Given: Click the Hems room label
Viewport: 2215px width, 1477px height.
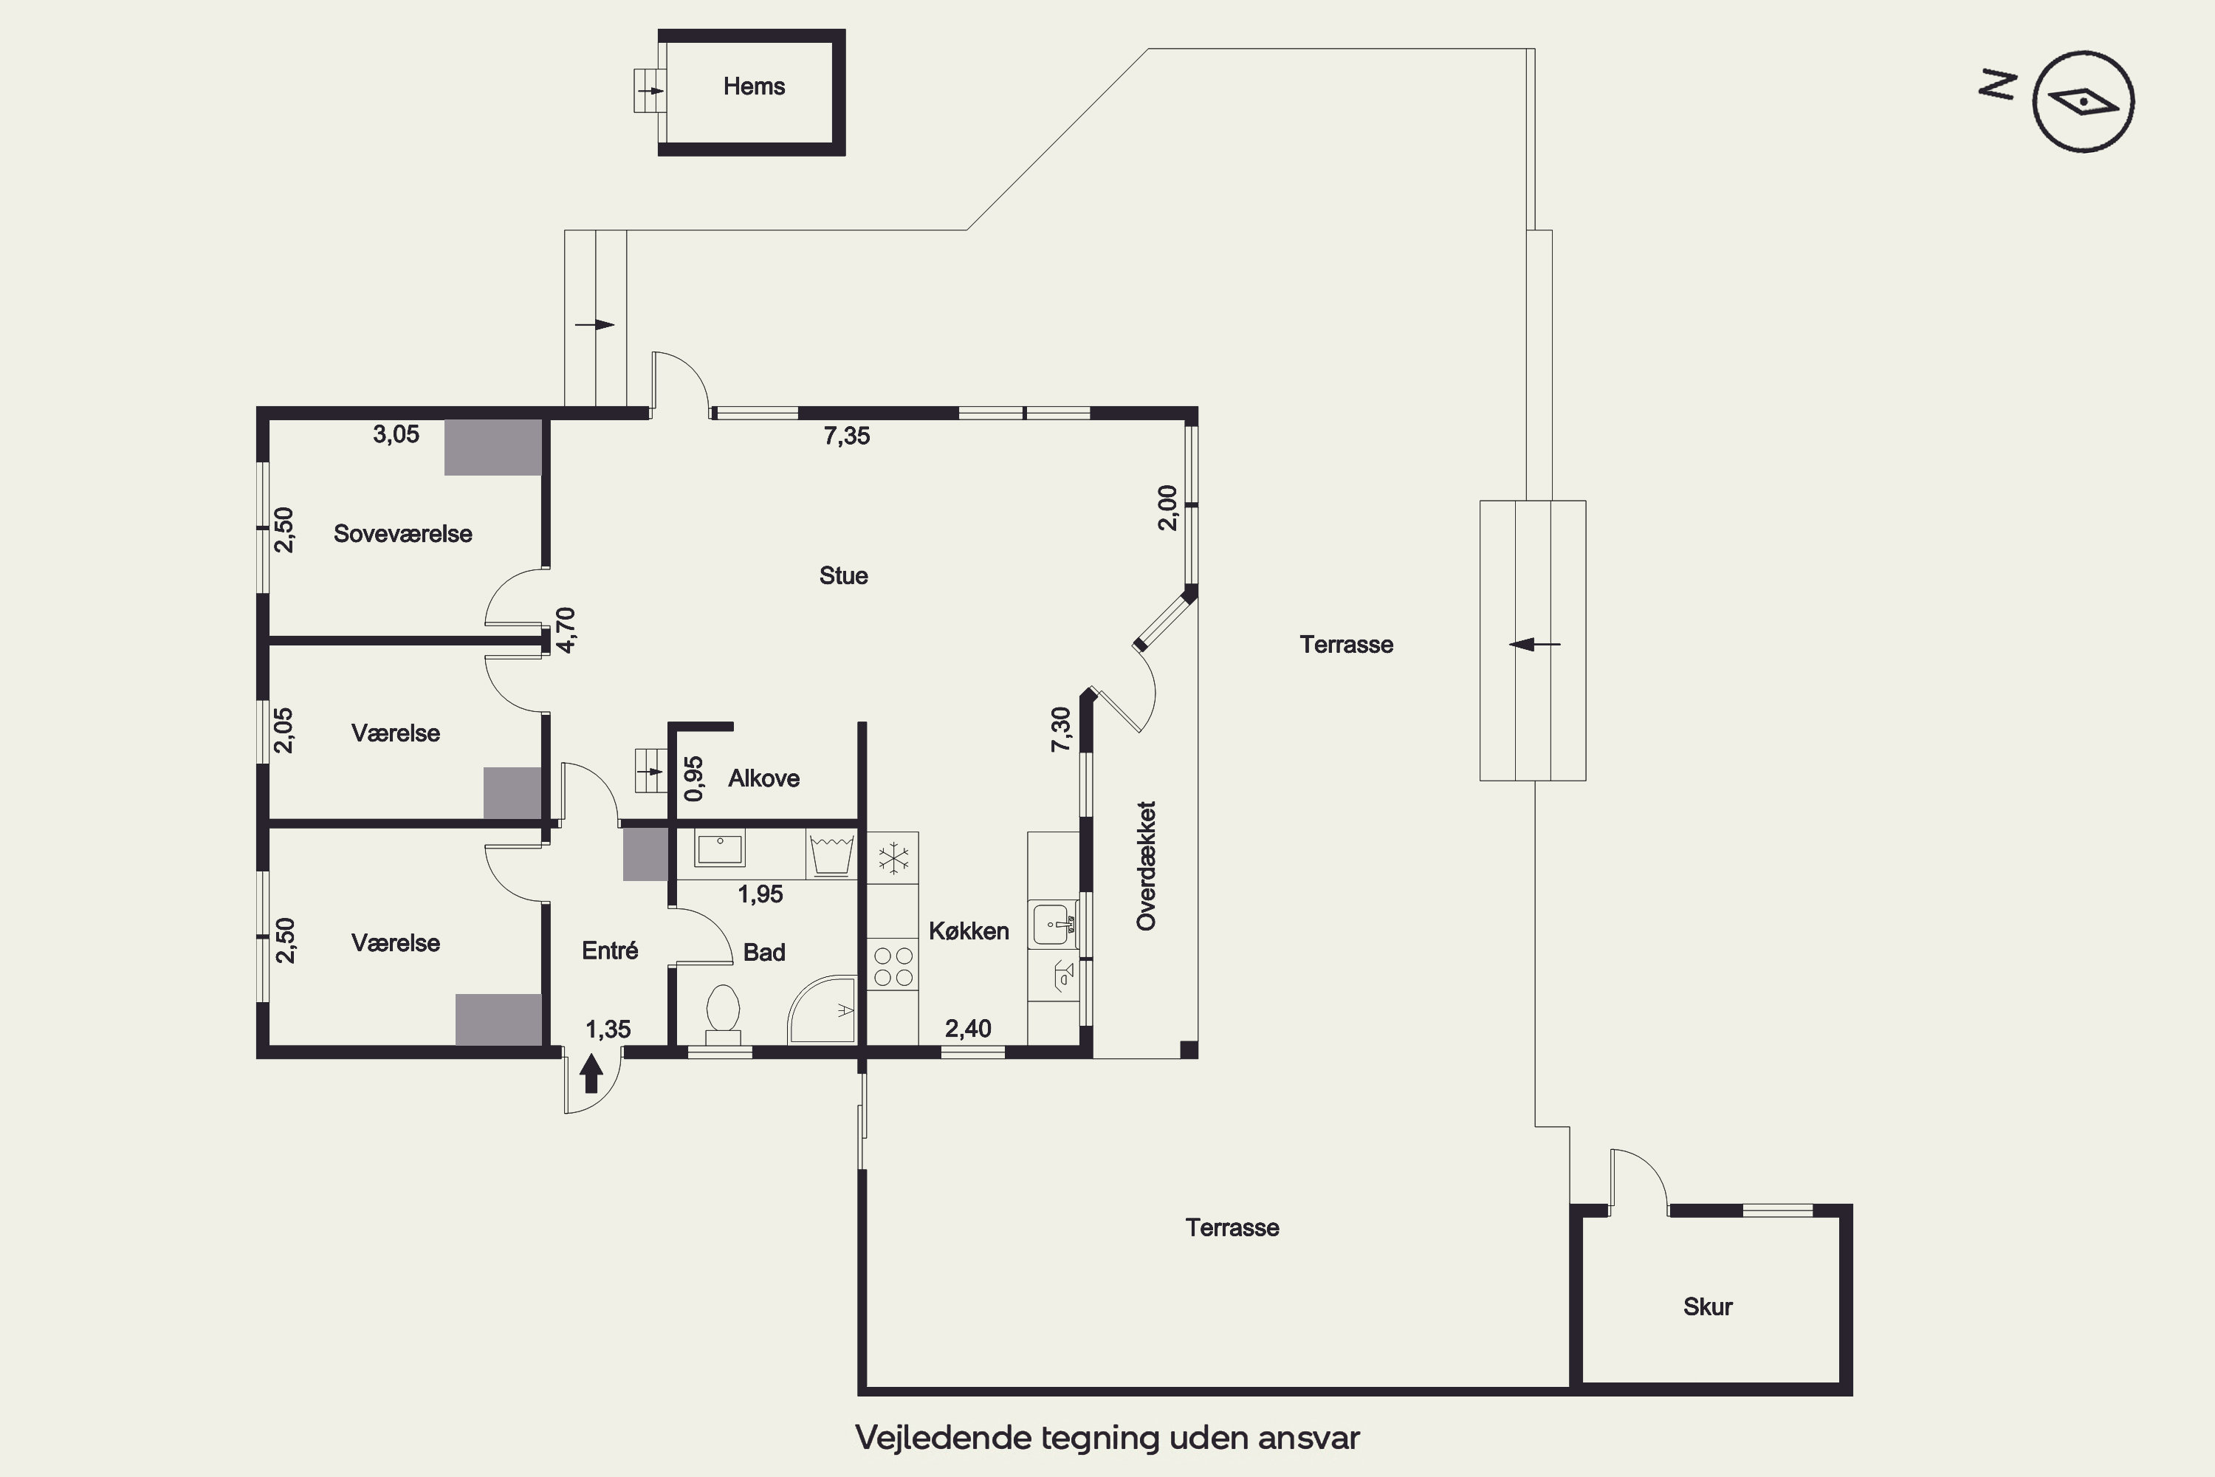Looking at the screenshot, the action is pos(753,86).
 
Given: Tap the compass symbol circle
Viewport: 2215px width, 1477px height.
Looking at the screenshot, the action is pos(2083,52).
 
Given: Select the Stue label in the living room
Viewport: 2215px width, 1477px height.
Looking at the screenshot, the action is pos(843,575).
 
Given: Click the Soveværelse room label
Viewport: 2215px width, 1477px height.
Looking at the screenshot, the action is pos(402,534).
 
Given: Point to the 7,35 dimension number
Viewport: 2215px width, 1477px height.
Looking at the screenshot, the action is pos(847,436).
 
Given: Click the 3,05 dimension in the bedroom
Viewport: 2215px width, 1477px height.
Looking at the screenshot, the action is pos(396,434).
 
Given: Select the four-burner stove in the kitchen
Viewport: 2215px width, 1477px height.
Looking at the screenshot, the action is pos(893,965).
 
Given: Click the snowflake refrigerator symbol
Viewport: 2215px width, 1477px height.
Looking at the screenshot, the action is pos(893,858).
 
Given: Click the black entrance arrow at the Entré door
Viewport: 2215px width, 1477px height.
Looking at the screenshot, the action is pos(591,1073).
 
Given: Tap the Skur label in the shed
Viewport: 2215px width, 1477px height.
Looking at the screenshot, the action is pos(1707,1306).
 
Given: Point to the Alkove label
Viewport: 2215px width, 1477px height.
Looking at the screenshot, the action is pos(763,778).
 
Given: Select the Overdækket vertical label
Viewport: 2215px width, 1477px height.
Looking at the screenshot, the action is pos(1146,866).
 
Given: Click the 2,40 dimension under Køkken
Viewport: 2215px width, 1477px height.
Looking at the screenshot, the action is pos(968,1029).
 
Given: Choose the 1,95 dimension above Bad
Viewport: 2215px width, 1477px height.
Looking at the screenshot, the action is pos(760,894).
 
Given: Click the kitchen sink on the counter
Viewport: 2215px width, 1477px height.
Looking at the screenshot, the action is pos(1053,924).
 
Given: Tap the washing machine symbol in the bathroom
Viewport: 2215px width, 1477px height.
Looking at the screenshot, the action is pos(831,854).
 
